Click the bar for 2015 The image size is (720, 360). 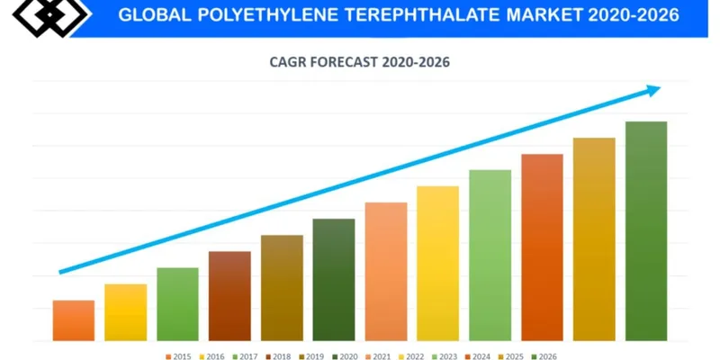[x=74, y=320]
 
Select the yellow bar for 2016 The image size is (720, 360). [x=126, y=312]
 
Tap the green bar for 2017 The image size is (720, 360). [x=177, y=304]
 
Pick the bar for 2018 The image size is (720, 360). [x=229, y=296]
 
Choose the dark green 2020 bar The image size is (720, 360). [x=334, y=280]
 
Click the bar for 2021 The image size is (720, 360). [x=386, y=272]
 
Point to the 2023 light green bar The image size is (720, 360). [x=490, y=256]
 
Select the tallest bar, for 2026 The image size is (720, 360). [x=646, y=231]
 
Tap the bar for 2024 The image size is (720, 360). [x=542, y=247]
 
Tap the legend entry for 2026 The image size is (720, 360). [x=543, y=356]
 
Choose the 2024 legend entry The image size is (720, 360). [x=476, y=356]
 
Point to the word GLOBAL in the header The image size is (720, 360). [x=152, y=16]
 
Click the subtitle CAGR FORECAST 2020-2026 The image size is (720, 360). [x=359, y=62]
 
